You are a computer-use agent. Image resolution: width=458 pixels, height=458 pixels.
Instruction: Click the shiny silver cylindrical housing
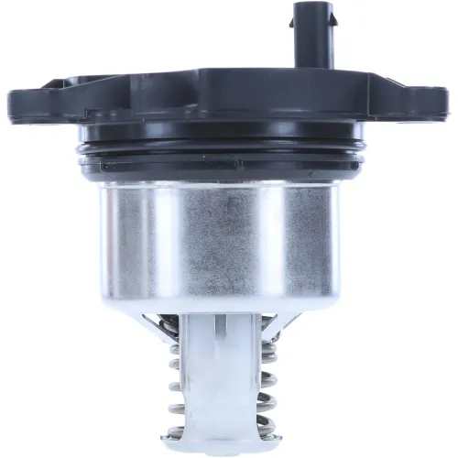(x=229, y=238)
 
